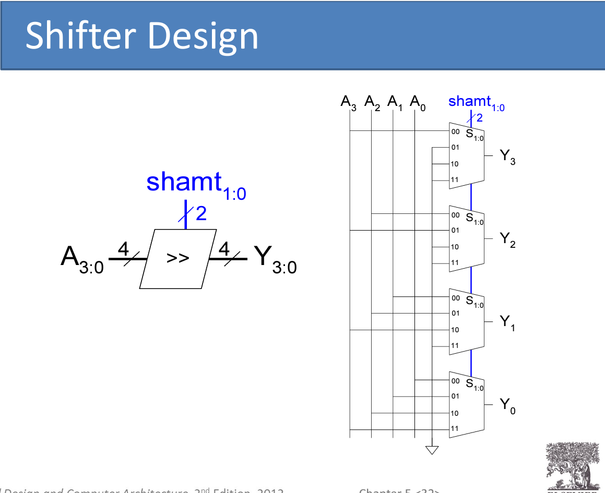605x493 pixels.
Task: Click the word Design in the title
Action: click(x=209, y=36)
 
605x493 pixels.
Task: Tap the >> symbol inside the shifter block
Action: click(x=177, y=258)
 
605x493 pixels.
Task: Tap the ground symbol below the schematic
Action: click(x=432, y=450)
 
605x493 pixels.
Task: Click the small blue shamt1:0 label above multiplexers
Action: click(x=476, y=102)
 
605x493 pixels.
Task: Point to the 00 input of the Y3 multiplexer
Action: click(x=455, y=131)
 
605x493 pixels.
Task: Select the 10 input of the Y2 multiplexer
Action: click(x=455, y=247)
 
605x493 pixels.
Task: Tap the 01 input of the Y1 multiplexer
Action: click(x=455, y=314)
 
